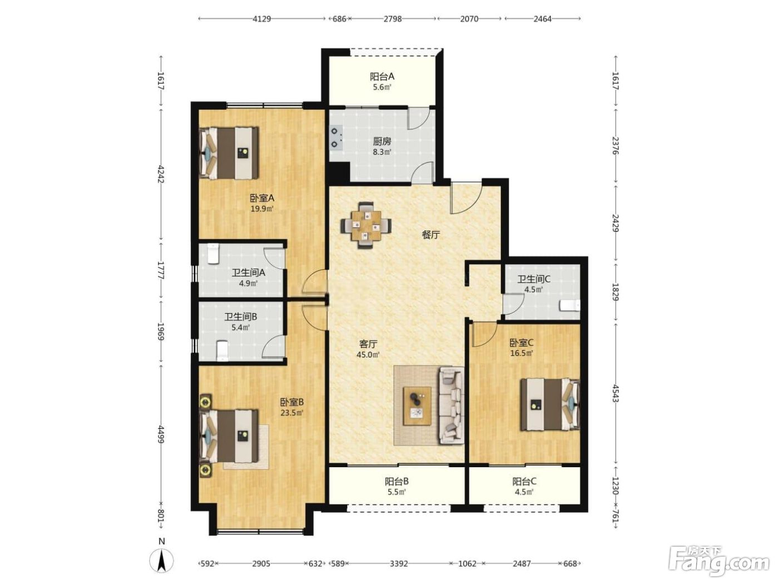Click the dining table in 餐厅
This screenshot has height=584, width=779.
point(366,225)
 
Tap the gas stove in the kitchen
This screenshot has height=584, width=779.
point(336,137)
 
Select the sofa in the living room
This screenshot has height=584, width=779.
point(451,405)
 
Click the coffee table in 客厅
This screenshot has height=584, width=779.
point(417,406)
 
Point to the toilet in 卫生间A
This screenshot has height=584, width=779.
point(213,254)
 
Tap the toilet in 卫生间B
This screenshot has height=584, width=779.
point(222,350)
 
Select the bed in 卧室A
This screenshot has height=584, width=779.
point(229,153)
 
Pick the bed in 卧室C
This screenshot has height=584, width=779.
point(550,404)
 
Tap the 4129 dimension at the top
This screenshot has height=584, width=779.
point(262,19)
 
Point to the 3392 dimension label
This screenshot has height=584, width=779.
point(398,563)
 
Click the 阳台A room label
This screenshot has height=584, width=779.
point(382,76)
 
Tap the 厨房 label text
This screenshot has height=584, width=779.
point(382,141)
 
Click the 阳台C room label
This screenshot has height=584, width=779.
point(524,481)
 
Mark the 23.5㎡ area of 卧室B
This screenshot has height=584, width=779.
point(292,413)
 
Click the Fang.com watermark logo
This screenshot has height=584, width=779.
point(719,562)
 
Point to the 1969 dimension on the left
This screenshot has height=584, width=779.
point(161,331)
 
